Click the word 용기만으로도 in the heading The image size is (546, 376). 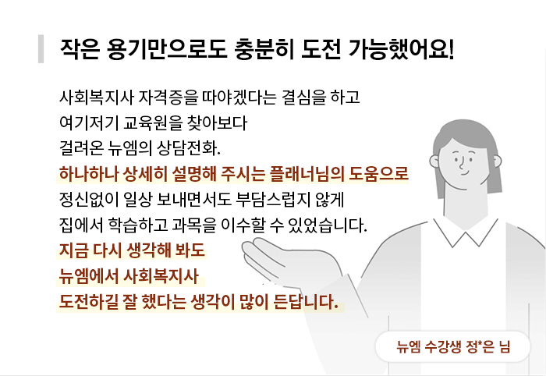[167, 49]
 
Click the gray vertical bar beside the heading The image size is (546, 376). [41, 48]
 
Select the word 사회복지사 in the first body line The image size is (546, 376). [97, 98]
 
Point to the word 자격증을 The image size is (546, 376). [168, 98]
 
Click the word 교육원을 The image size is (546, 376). [153, 123]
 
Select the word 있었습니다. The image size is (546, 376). [328, 225]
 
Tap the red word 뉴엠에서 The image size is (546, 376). [89, 276]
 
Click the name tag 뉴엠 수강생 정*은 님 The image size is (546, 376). [452, 347]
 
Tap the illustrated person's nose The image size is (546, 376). [462, 163]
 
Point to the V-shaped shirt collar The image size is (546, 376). [466, 232]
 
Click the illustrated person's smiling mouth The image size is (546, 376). [465, 173]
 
